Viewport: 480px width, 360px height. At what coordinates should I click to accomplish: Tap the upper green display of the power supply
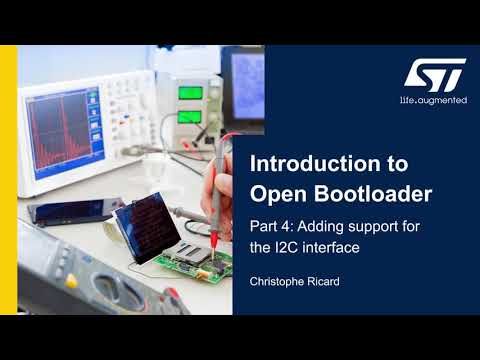(190, 94)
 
